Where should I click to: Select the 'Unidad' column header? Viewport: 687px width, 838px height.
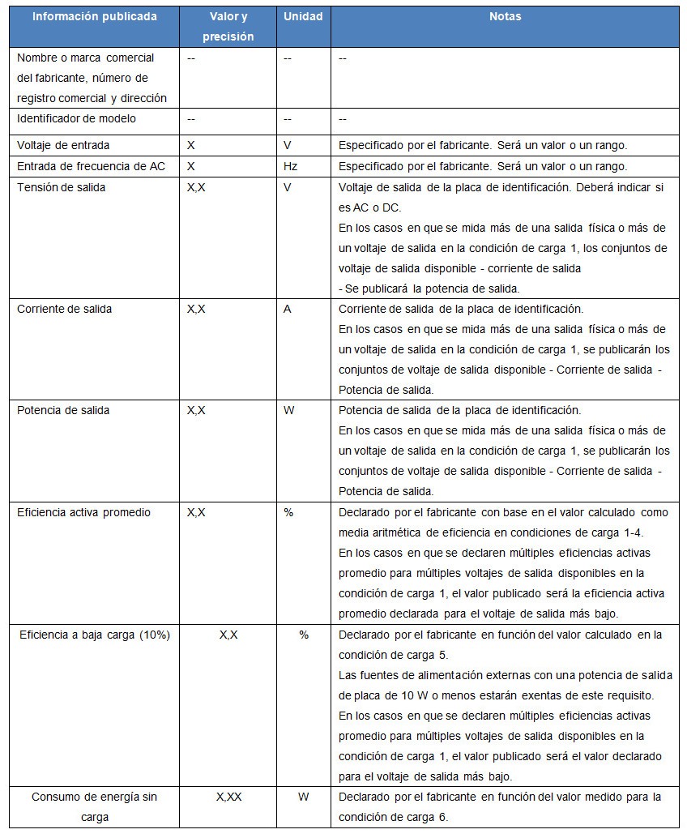pos(303,16)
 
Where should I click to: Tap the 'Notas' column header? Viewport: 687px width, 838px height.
pos(505,16)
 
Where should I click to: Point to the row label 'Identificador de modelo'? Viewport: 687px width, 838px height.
pos(76,118)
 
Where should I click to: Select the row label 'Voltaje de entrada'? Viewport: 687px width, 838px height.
pos(63,145)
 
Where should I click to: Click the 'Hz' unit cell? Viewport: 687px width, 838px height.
pos(290,166)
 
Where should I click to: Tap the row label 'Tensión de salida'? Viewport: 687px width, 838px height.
pos(62,187)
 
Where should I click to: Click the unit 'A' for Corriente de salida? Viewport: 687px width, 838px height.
pos(288,309)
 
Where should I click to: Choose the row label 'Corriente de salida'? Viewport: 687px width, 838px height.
pos(65,309)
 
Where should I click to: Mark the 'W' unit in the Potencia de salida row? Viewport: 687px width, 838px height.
pos(289,410)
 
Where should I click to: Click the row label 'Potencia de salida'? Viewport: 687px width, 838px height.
pos(63,410)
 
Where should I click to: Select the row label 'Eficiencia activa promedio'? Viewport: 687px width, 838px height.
pos(84,512)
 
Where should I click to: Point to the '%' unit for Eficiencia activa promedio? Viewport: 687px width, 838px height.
pos(288,512)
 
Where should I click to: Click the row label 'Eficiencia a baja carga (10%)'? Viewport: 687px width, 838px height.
pos(95,635)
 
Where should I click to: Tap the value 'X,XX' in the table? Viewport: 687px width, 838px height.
pos(228,797)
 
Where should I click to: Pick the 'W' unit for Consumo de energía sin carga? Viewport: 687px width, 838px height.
pos(303,797)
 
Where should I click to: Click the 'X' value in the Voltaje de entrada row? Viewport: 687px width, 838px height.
pos(191,145)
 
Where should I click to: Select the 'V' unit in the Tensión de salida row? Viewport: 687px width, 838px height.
pos(288,187)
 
